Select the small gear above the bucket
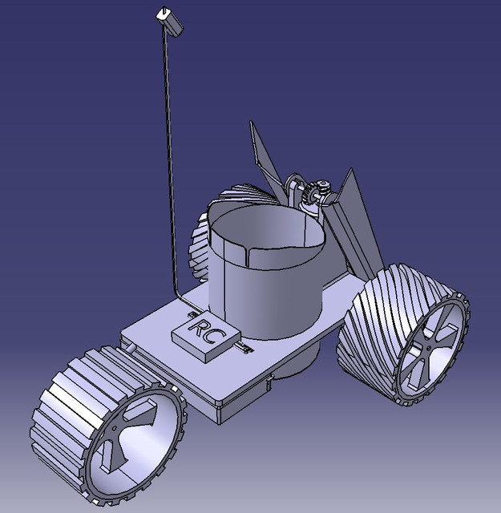[x=309, y=195]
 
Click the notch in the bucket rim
[x=249, y=255]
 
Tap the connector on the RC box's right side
[x=241, y=349]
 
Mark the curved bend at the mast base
[x=180, y=297]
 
